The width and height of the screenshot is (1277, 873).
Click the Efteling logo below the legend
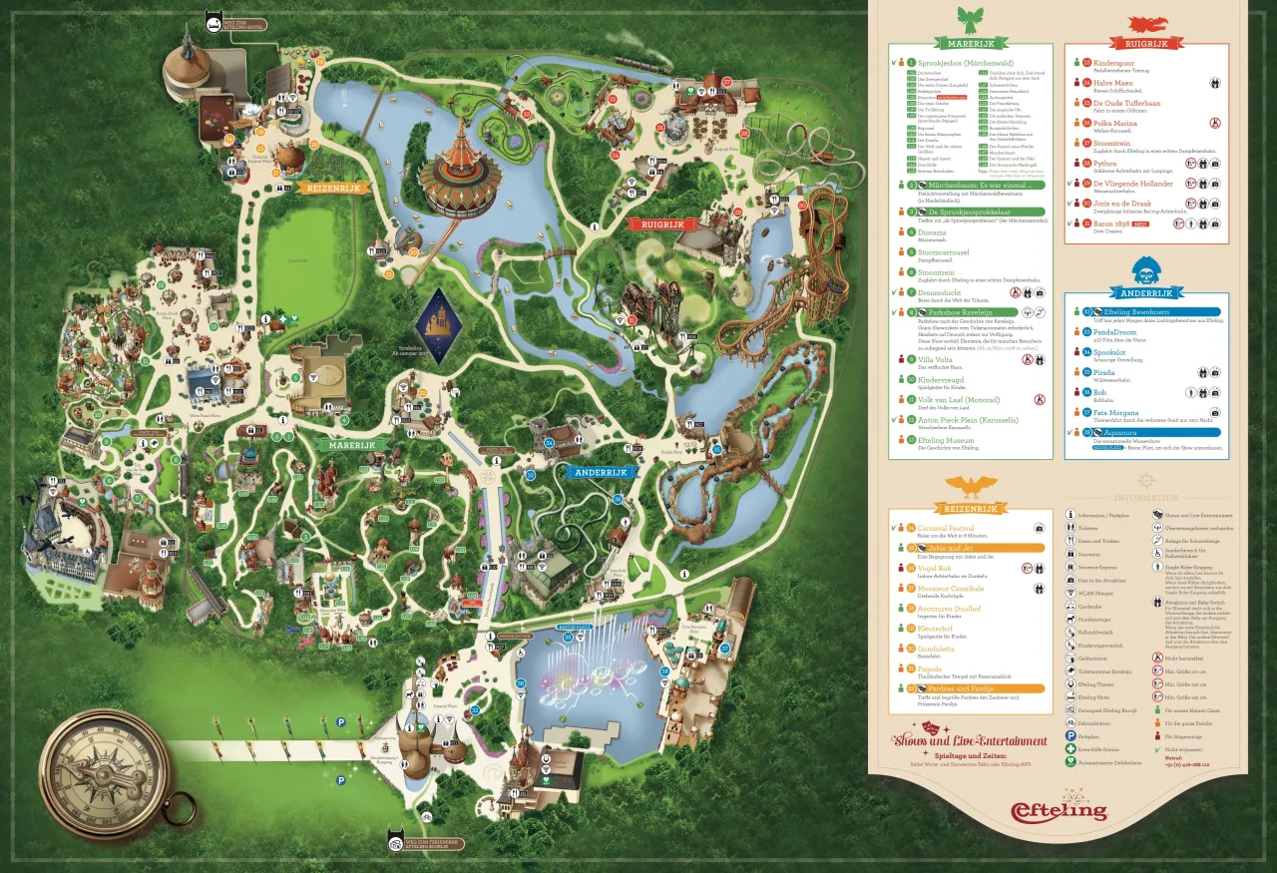click(1059, 809)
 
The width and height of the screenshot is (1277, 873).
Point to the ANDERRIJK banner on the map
click(598, 472)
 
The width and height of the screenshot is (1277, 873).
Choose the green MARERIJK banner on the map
click(346, 445)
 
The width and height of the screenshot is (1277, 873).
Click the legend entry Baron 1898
click(1111, 222)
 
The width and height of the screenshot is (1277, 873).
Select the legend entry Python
click(1105, 164)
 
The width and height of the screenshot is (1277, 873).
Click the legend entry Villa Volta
click(939, 359)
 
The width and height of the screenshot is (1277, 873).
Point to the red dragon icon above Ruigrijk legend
click(1146, 24)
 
